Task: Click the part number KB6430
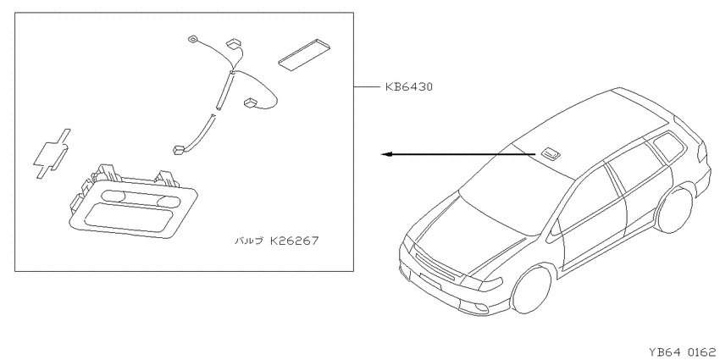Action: [x=408, y=86]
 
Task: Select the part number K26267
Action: [x=294, y=241]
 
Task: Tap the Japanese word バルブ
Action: [x=249, y=241]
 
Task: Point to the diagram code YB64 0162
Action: [x=683, y=352]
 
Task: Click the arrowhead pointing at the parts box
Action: [x=386, y=154]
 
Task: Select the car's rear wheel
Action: [x=674, y=209]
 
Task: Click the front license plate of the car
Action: [x=430, y=281]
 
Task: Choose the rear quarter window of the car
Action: [x=668, y=146]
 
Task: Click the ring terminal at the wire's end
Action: [x=192, y=40]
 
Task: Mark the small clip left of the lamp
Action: [x=52, y=153]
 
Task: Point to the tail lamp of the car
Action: [x=701, y=152]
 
